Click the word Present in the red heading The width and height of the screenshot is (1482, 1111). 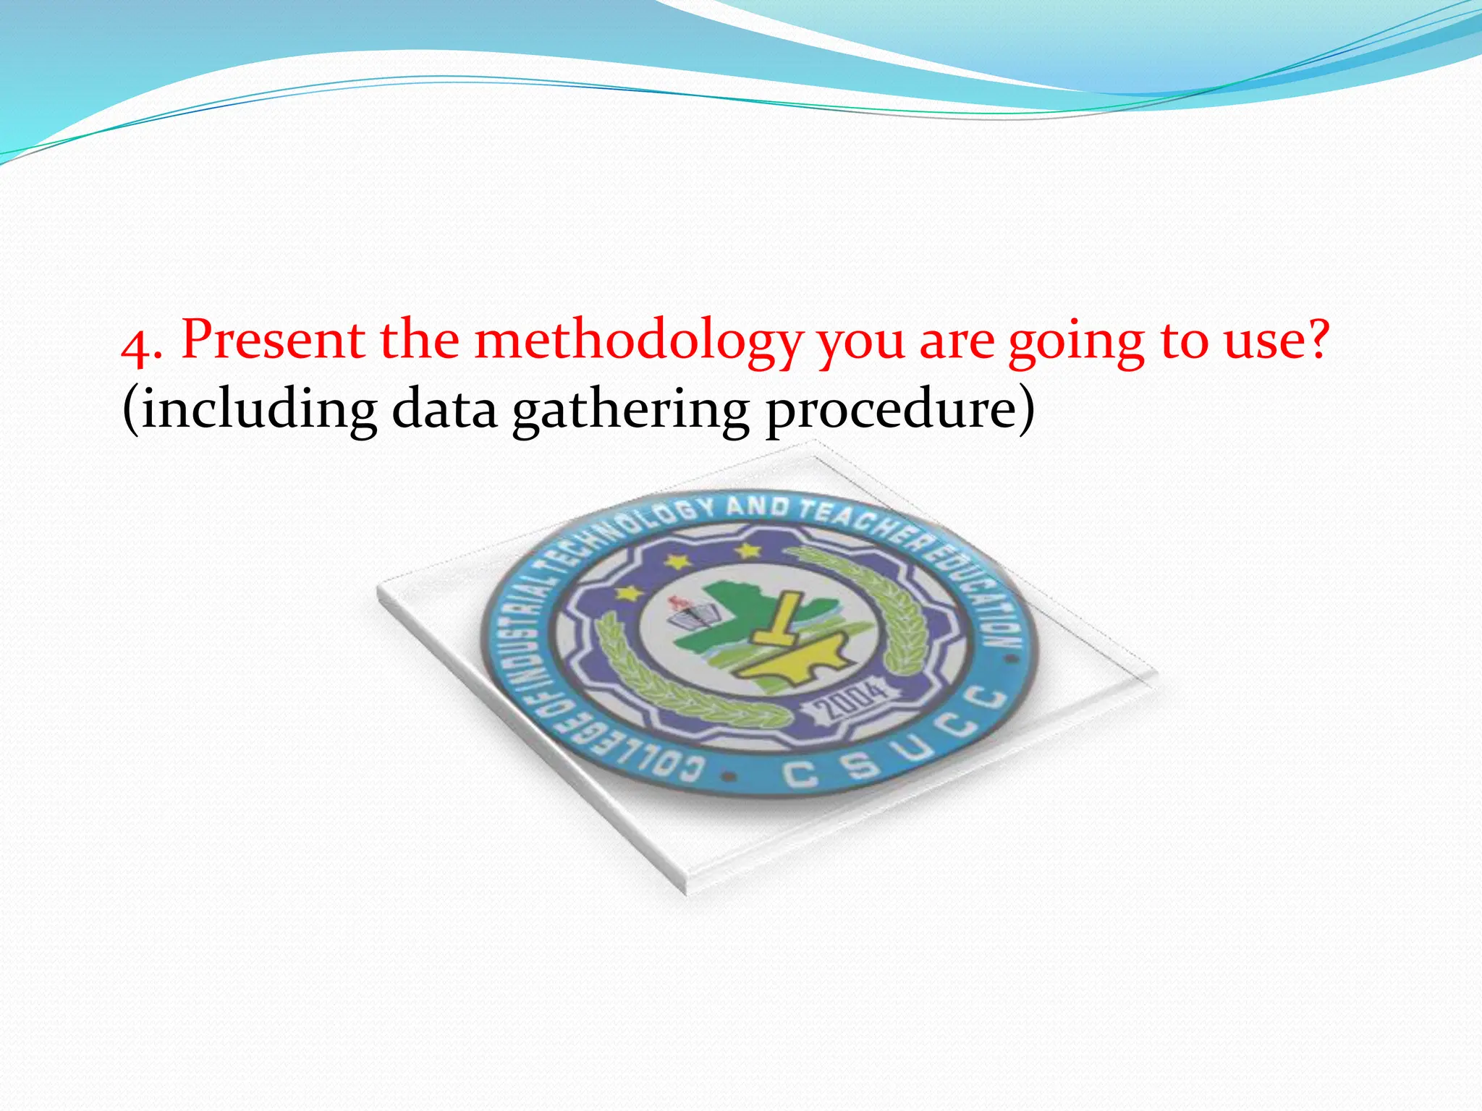274,340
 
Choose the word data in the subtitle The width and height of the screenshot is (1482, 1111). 444,409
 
